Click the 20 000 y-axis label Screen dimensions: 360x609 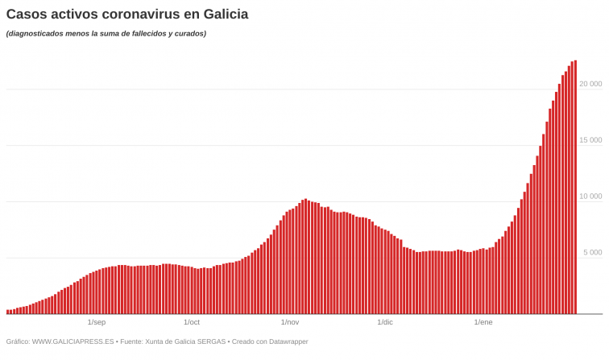590,84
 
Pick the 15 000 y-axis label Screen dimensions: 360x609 590,140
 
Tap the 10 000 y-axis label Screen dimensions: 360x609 590,197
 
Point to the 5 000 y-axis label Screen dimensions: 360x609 592,253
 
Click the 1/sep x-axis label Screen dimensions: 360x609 96,322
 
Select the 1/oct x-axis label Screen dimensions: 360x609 192,322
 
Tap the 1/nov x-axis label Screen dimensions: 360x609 290,322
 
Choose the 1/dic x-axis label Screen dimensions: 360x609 385,322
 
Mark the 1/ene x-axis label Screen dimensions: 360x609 483,322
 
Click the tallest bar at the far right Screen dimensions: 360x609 575,187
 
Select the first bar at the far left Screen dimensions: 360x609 7,312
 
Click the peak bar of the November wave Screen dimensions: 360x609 305,256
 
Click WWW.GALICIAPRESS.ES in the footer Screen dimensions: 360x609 73,341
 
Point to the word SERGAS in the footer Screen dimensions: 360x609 212,341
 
